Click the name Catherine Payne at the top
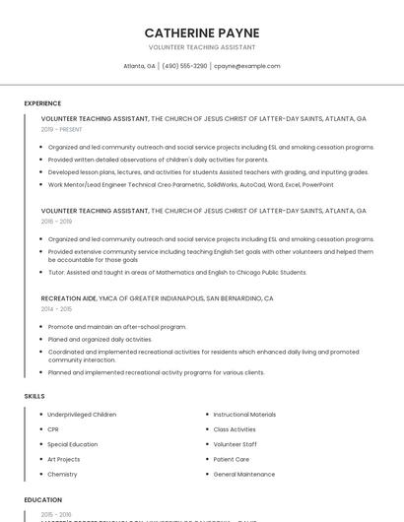point(202,33)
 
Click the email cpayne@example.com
point(246,66)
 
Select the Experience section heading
point(42,102)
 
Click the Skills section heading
point(34,396)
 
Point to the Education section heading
point(43,499)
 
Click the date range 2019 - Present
point(62,129)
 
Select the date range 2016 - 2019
point(56,222)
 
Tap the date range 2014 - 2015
point(56,308)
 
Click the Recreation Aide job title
point(69,297)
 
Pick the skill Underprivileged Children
point(82,415)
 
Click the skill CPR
point(53,429)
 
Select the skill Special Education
point(72,444)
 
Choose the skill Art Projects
point(63,459)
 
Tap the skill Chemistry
point(62,474)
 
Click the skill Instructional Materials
point(244,415)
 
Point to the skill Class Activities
point(235,429)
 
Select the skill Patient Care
point(232,459)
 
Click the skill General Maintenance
point(244,474)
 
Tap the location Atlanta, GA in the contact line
point(139,66)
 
